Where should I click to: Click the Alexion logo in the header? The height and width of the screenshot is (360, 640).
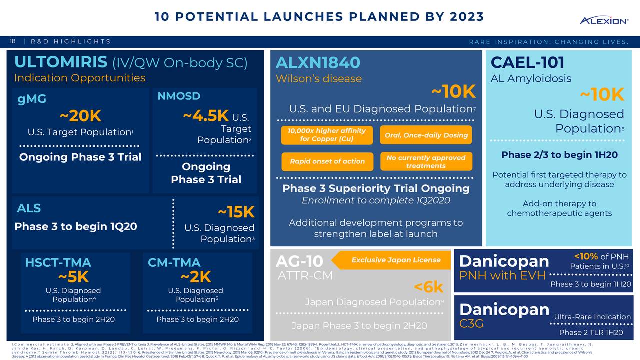point(603,20)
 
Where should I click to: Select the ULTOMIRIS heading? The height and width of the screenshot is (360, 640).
point(60,62)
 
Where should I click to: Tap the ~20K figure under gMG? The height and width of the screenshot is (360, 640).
point(80,116)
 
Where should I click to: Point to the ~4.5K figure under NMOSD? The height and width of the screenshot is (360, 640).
point(206,116)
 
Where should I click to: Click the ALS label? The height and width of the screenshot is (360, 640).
point(29,208)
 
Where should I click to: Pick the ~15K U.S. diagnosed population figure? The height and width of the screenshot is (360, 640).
point(236,212)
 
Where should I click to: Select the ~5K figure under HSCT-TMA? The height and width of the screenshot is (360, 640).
point(73,277)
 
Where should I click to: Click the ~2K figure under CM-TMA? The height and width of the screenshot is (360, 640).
point(196,277)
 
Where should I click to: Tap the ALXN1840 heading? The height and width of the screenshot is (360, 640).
point(317,63)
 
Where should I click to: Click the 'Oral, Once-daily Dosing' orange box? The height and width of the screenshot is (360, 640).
point(426,135)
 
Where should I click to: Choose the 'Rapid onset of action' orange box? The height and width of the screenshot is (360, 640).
point(327,161)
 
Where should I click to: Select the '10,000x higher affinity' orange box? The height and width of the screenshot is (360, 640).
point(327,135)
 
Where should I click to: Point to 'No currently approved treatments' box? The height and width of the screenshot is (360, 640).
point(426,161)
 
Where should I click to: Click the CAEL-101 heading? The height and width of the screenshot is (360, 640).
point(527,63)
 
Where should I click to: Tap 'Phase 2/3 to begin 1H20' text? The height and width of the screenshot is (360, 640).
point(559,155)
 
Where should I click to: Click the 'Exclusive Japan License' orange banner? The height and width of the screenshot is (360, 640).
point(395,260)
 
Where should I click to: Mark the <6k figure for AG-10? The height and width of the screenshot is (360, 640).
point(428,287)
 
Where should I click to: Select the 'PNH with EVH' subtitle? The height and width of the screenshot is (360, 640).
point(502,276)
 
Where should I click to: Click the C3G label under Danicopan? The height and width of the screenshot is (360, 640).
point(471,324)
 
